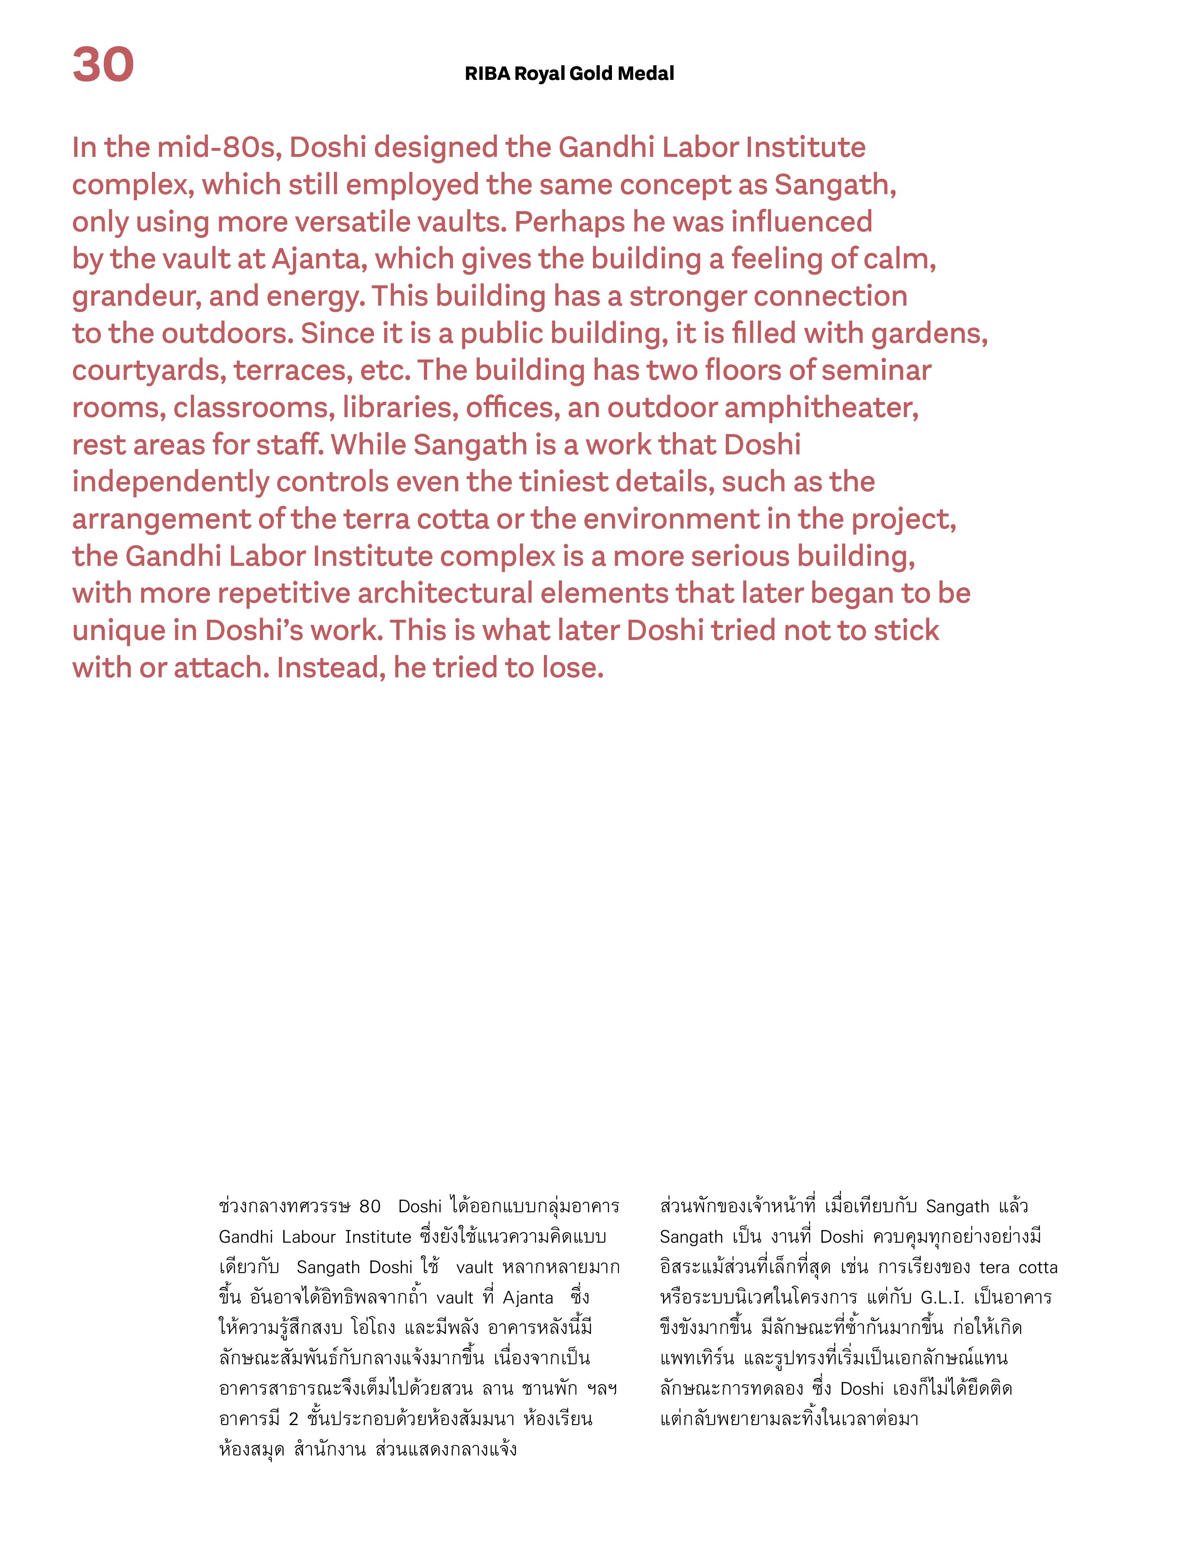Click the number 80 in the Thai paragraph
(370, 1206)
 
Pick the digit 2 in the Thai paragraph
(294, 1419)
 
